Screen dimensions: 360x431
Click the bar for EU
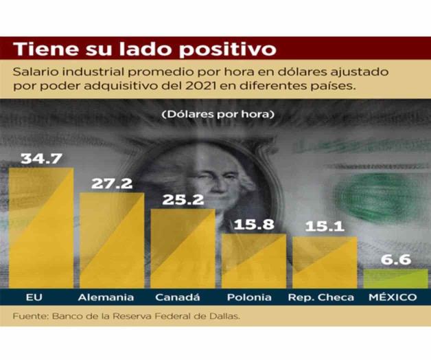click(x=41, y=227)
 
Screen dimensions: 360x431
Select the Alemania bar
click(x=112, y=240)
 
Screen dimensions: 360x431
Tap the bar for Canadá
click(x=183, y=248)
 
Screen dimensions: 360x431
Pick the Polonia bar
click(x=253, y=260)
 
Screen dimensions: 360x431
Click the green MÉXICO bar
click(x=395, y=278)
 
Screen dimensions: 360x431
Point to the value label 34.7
click(x=41, y=158)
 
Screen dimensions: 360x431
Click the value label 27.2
click(x=112, y=183)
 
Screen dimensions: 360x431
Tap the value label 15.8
click(x=253, y=224)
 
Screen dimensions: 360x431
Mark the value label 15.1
click(x=324, y=227)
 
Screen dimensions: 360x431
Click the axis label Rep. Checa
click(x=321, y=297)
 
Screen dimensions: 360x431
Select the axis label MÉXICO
click(x=393, y=297)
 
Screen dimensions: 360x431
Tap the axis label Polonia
click(x=248, y=297)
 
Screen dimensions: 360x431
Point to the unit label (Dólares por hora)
click(x=218, y=112)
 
